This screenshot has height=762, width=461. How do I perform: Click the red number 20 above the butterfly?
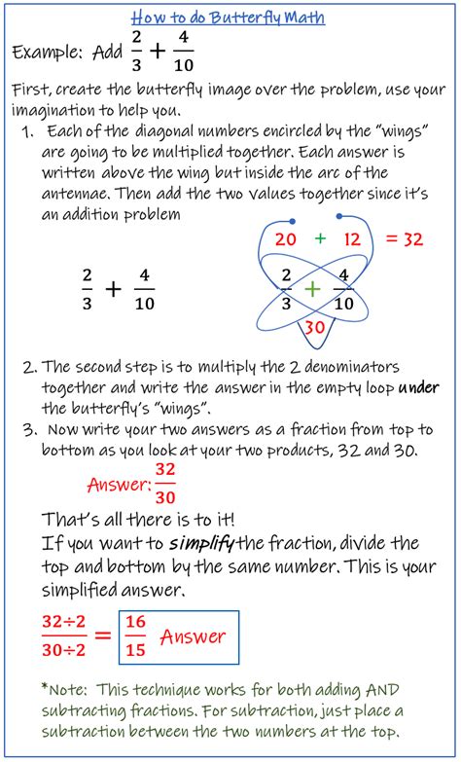[285, 238]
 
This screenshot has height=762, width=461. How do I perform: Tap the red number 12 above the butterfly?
[351, 238]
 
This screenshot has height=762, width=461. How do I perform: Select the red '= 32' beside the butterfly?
[401, 239]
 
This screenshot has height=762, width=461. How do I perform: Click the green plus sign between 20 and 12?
[319, 238]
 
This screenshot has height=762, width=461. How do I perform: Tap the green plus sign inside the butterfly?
[312, 288]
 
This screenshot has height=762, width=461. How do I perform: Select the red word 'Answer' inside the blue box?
[193, 637]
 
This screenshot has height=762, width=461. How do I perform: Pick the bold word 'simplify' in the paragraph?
[200, 542]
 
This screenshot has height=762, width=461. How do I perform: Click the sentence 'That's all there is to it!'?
[145, 517]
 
